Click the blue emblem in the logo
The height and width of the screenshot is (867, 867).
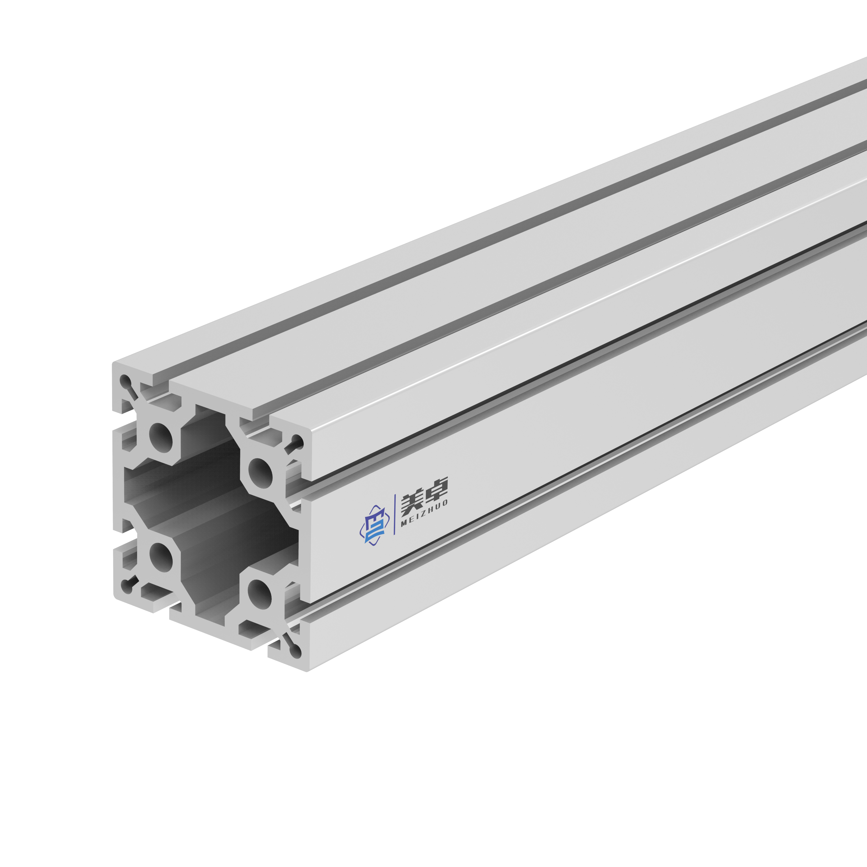[374, 525]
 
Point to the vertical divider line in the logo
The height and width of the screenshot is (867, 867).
[394, 514]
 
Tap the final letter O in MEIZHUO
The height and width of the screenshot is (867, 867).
[445, 503]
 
